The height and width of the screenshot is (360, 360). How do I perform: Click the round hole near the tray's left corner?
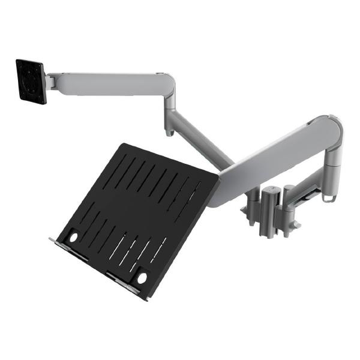point(74,238)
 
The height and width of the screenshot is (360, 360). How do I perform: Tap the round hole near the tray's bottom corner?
point(142,278)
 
